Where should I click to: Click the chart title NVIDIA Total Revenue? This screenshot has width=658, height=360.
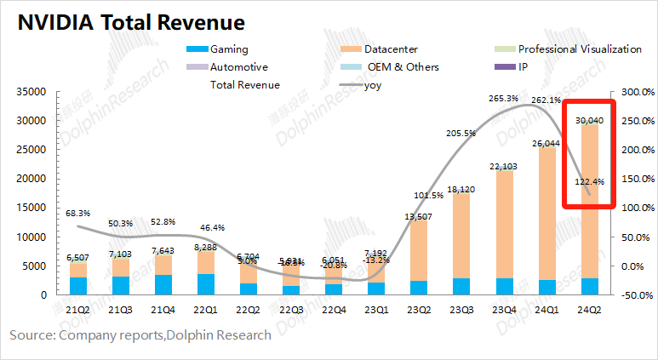132,22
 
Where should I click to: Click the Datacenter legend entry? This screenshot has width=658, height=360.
392,49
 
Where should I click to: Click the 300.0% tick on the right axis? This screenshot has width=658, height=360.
635,91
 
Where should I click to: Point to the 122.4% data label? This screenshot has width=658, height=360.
589,181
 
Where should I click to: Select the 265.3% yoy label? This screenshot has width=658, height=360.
504,99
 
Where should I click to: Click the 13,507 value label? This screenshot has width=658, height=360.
418,216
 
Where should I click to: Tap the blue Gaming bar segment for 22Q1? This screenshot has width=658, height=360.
205,284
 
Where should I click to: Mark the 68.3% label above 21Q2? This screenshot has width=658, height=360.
77,214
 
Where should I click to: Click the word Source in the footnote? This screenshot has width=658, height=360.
30,335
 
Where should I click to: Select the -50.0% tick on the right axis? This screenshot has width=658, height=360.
635,294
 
